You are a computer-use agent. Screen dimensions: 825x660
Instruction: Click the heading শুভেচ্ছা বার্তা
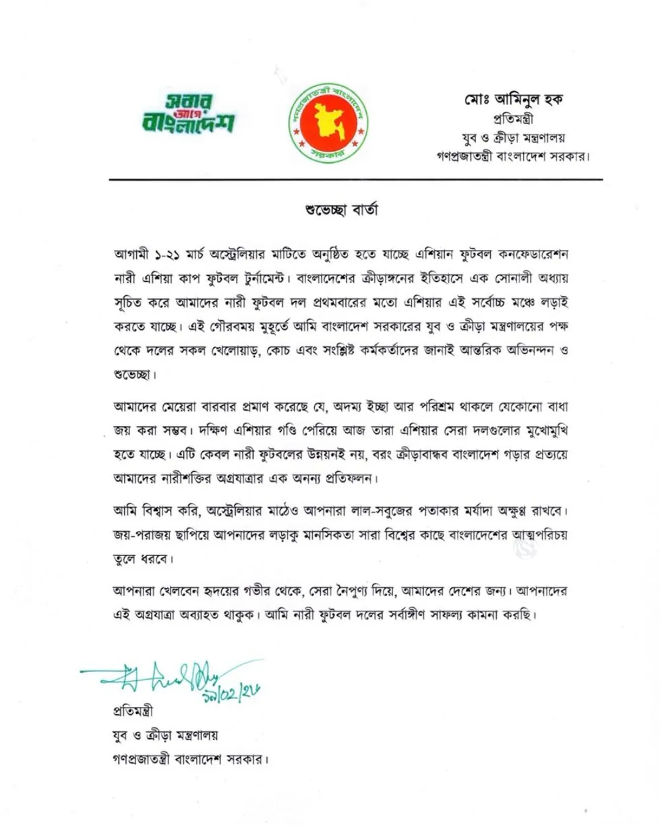pos(342,210)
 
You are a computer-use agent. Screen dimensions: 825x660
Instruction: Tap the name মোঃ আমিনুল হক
pos(513,99)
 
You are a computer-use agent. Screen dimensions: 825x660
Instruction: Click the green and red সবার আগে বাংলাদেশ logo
pos(188,114)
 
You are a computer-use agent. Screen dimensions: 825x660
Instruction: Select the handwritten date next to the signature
pos(231,692)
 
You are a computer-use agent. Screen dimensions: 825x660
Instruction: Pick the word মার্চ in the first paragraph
pos(196,254)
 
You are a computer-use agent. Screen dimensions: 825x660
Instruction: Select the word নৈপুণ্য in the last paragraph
pos(365,592)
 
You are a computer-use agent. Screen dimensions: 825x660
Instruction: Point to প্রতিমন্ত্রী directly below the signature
pos(133,711)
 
